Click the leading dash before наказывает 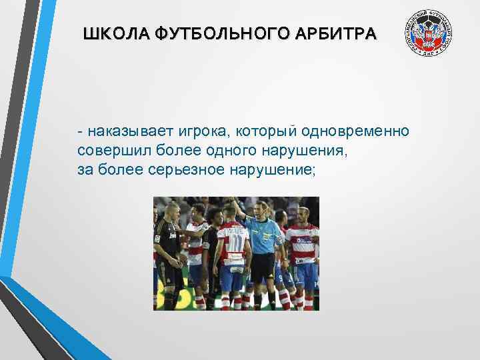click(x=79, y=131)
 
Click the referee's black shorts click(x=262, y=267)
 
